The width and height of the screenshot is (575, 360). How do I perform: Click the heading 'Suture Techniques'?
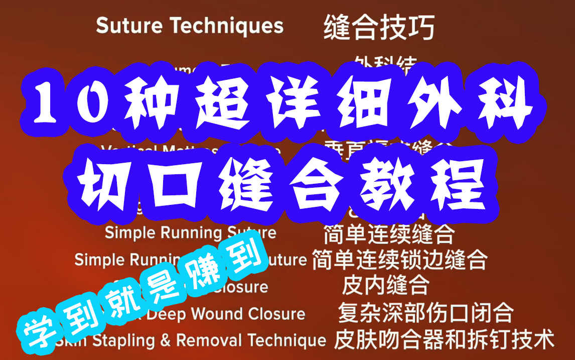click(x=190, y=25)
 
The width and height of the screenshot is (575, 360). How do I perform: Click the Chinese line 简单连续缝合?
click(x=389, y=234)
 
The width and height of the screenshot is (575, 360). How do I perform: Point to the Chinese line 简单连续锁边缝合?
click(x=399, y=260)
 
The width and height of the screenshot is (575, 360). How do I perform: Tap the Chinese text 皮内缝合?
click(x=385, y=286)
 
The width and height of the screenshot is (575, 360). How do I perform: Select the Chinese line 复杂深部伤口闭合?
click(x=425, y=313)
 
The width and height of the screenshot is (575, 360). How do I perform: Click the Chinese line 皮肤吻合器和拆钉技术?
click(x=444, y=339)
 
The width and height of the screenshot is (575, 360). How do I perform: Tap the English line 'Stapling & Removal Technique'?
click(x=201, y=340)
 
